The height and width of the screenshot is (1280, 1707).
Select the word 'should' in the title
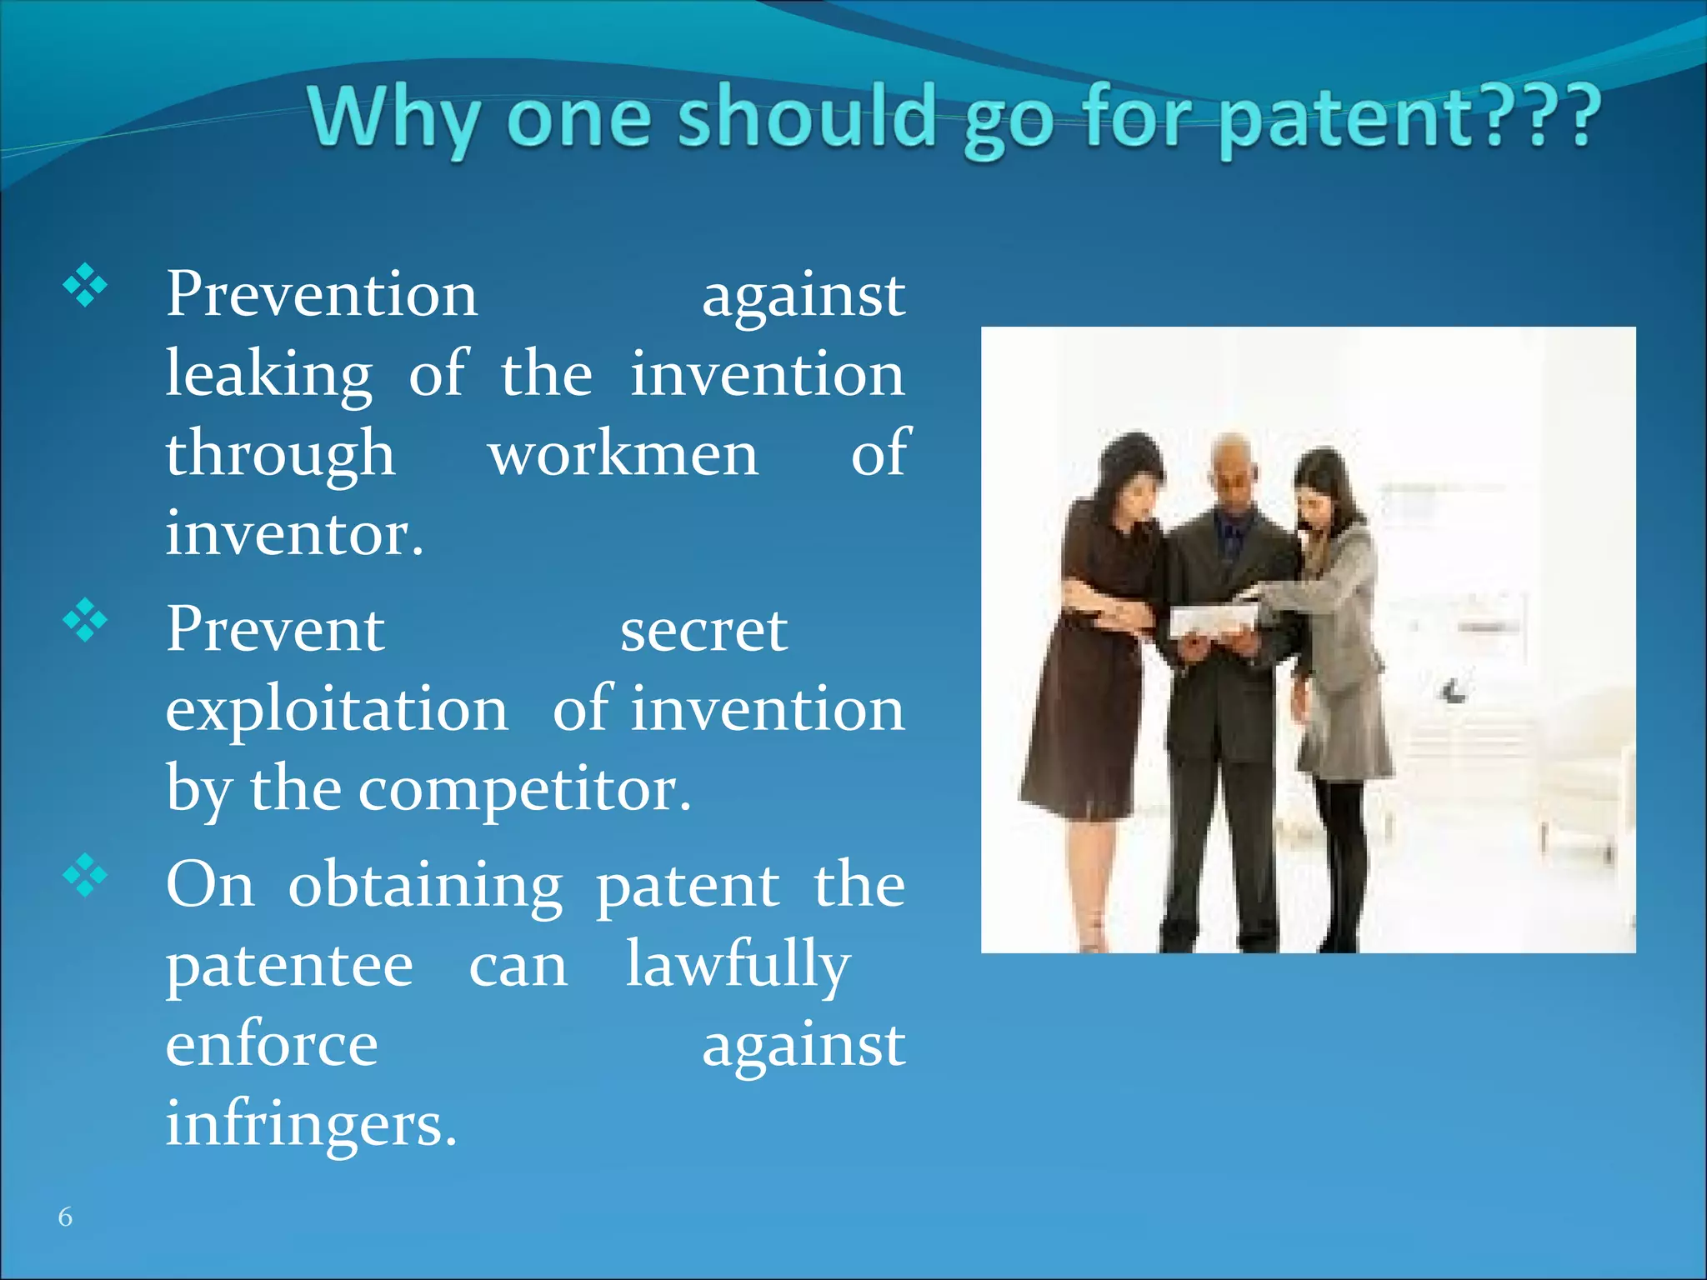pos(805,117)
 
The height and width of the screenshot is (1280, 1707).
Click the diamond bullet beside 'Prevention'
pos(85,287)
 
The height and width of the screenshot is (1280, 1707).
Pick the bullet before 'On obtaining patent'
pos(85,876)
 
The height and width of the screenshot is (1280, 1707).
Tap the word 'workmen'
pos(623,454)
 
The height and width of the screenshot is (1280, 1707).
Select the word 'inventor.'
pos(294,533)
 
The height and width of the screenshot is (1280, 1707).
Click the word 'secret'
pos(703,630)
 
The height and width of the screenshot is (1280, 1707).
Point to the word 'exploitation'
pos(337,709)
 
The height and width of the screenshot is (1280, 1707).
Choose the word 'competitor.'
pos(524,789)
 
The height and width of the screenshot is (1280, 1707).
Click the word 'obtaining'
pos(425,886)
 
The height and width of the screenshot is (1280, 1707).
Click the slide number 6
pos(65,1217)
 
